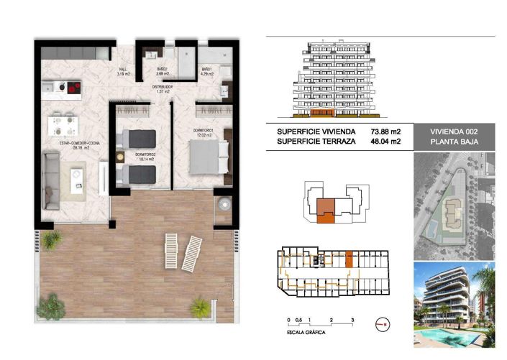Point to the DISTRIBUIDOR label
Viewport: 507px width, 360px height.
tap(163, 88)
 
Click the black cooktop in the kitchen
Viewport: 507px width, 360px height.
tap(73, 88)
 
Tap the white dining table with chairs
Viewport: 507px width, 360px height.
tap(62, 124)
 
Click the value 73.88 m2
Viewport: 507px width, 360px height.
tap(385, 131)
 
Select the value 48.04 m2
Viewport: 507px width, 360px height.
tap(385, 142)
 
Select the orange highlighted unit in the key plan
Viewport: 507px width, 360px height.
tap(327, 208)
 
